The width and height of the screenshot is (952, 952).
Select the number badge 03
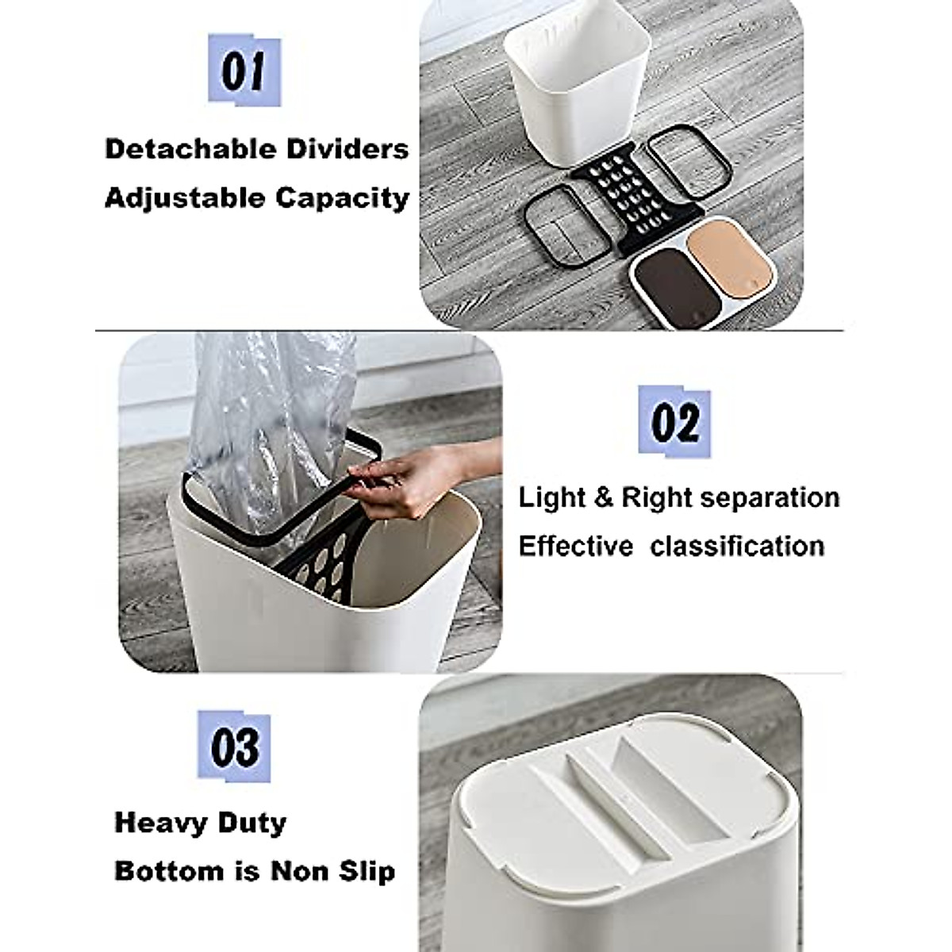click(x=234, y=747)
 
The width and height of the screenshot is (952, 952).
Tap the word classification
click(x=737, y=547)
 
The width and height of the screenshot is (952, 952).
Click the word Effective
click(x=575, y=547)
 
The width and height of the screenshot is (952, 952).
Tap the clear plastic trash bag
click(x=262, y=413)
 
